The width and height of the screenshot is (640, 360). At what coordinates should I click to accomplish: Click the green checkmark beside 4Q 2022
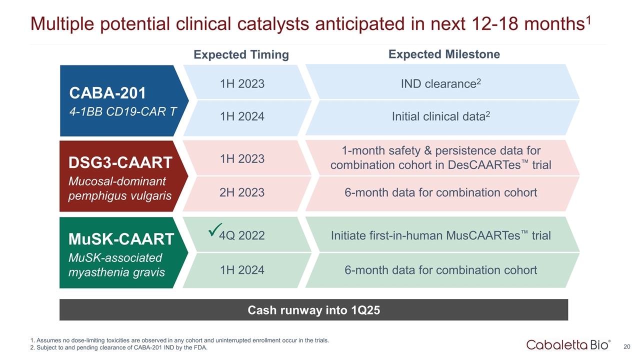pos(215,231)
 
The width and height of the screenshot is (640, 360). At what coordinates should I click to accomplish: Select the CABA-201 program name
pos(107,93)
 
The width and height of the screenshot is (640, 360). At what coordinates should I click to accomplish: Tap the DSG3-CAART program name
pos(120,162)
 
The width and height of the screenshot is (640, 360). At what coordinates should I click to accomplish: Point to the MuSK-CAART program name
pos(121,239)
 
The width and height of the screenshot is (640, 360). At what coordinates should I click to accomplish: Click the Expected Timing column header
pos(241,55)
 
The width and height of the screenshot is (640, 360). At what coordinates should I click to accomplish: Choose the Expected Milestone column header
pos(444,54)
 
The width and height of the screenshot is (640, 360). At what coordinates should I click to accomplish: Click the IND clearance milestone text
pos(440,84)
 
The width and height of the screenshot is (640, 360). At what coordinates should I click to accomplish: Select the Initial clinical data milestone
pos(440,116)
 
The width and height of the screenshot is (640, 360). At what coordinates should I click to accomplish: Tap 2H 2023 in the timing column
pos(242,192)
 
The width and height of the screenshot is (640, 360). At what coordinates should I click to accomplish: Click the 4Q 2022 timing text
pos(242,235)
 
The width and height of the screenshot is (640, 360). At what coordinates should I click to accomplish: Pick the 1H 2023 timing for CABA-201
pos(242,84)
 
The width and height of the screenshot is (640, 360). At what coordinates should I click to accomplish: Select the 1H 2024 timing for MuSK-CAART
pos(242,270)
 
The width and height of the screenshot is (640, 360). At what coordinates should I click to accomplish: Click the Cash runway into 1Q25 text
pos(313,310)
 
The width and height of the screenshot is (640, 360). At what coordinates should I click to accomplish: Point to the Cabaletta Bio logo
pos(568,345)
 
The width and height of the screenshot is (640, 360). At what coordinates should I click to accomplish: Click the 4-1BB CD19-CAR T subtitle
pos(123,111)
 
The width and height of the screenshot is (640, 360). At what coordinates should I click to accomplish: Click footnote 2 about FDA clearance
pos(119,348)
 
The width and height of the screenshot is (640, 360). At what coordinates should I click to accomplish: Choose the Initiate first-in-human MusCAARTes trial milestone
pos(440,235)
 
